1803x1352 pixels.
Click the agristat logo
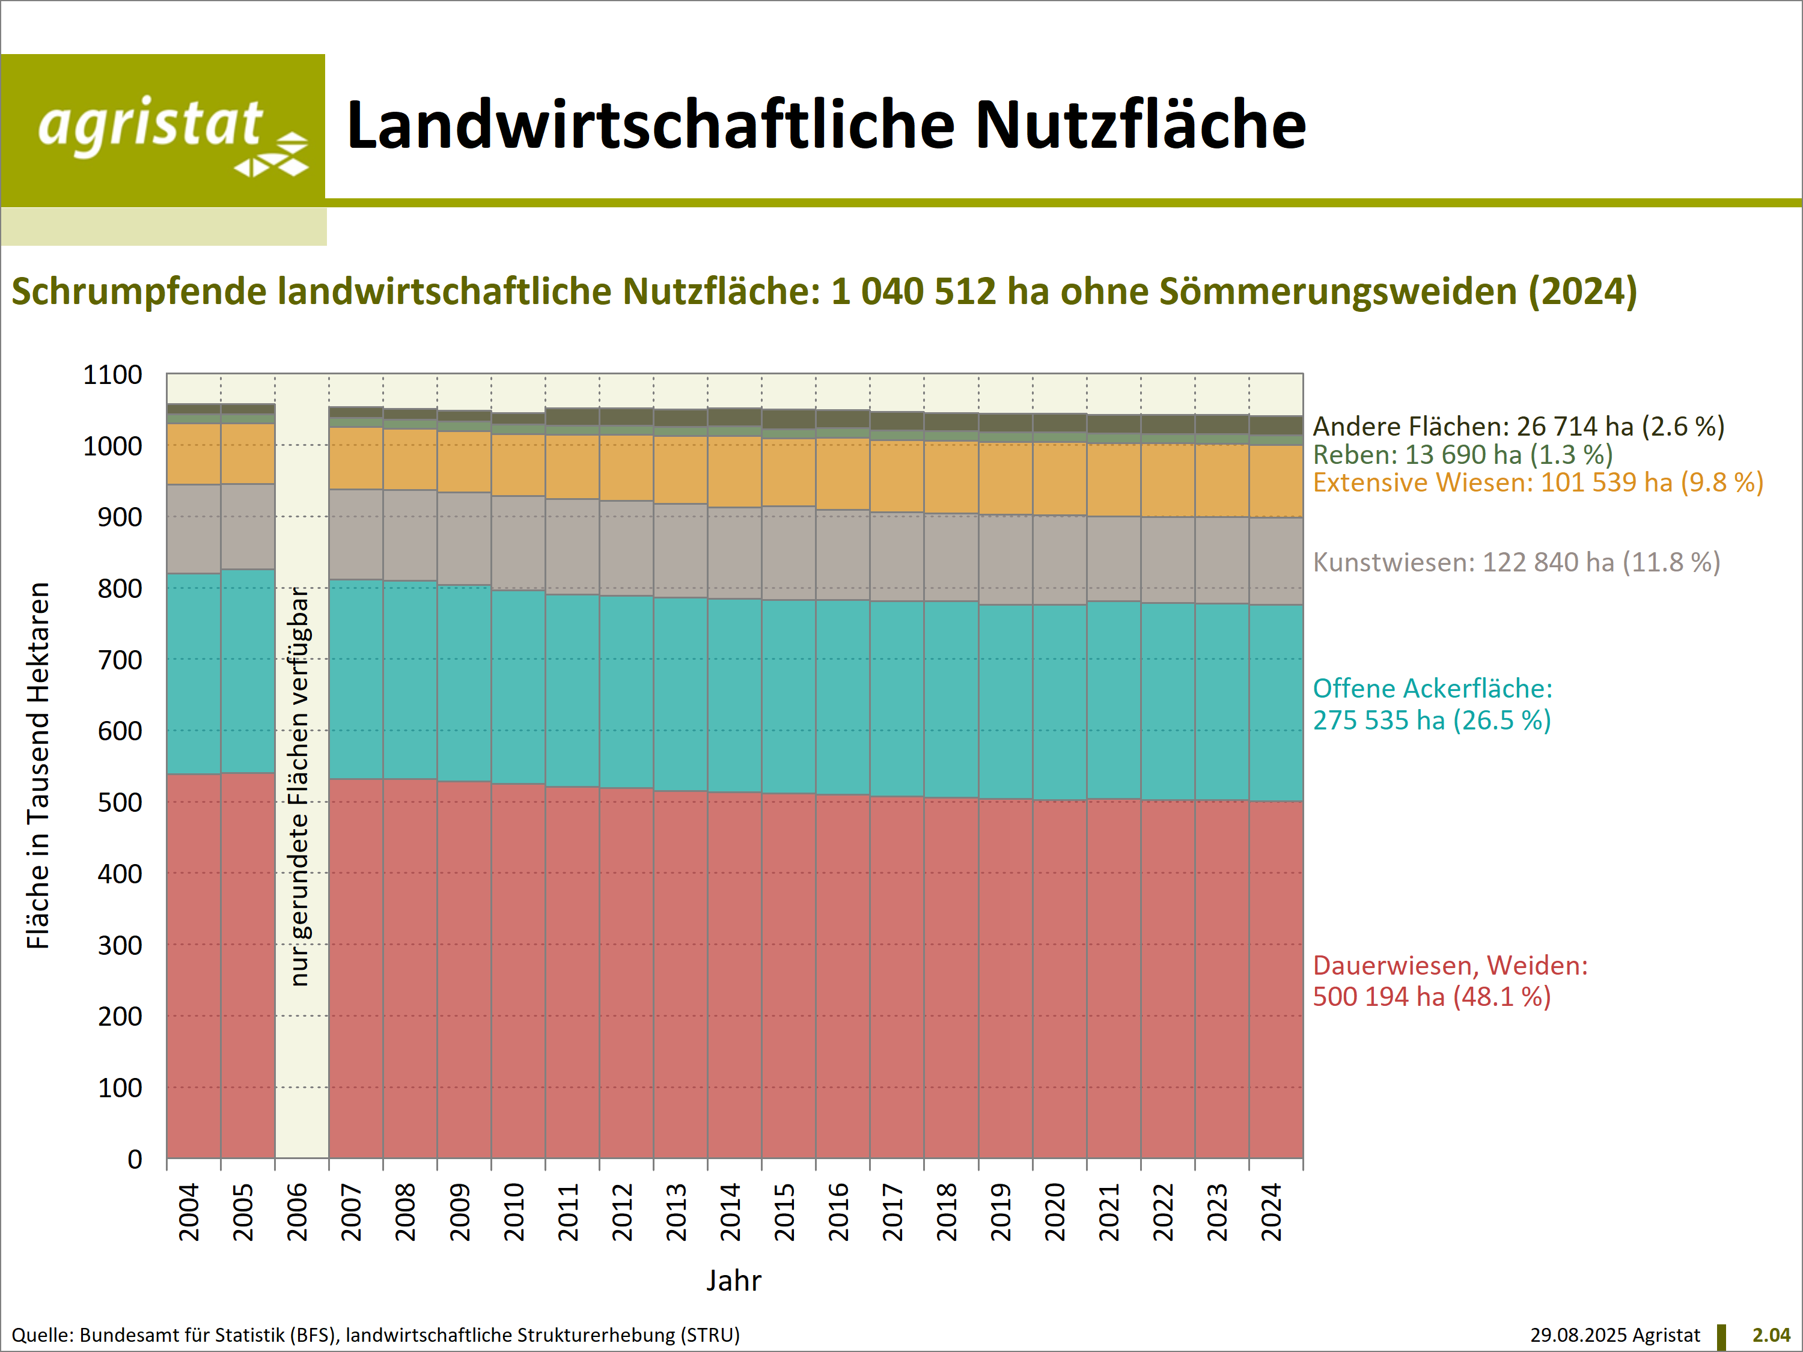tap(163, 130)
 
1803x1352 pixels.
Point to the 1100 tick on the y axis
tap(112, 375)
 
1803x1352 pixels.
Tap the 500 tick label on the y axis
tap(119, 803)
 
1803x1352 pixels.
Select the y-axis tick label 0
tap(135, 1159)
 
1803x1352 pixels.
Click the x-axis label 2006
tap(297, 1212)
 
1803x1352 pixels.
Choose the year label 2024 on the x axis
tap(1272, 1212)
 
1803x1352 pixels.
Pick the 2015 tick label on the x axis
tap(784, 1212)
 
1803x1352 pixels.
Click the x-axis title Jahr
tap(734, 1280)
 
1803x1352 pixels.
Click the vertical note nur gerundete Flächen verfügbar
tap(300, 787)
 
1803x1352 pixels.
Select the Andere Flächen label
tap(1518, 426)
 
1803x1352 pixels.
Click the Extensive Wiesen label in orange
tap(1537, 483)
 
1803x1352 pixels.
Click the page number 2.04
tap(1771, 1335)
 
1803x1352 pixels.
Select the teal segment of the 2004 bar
tap(193, 673)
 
